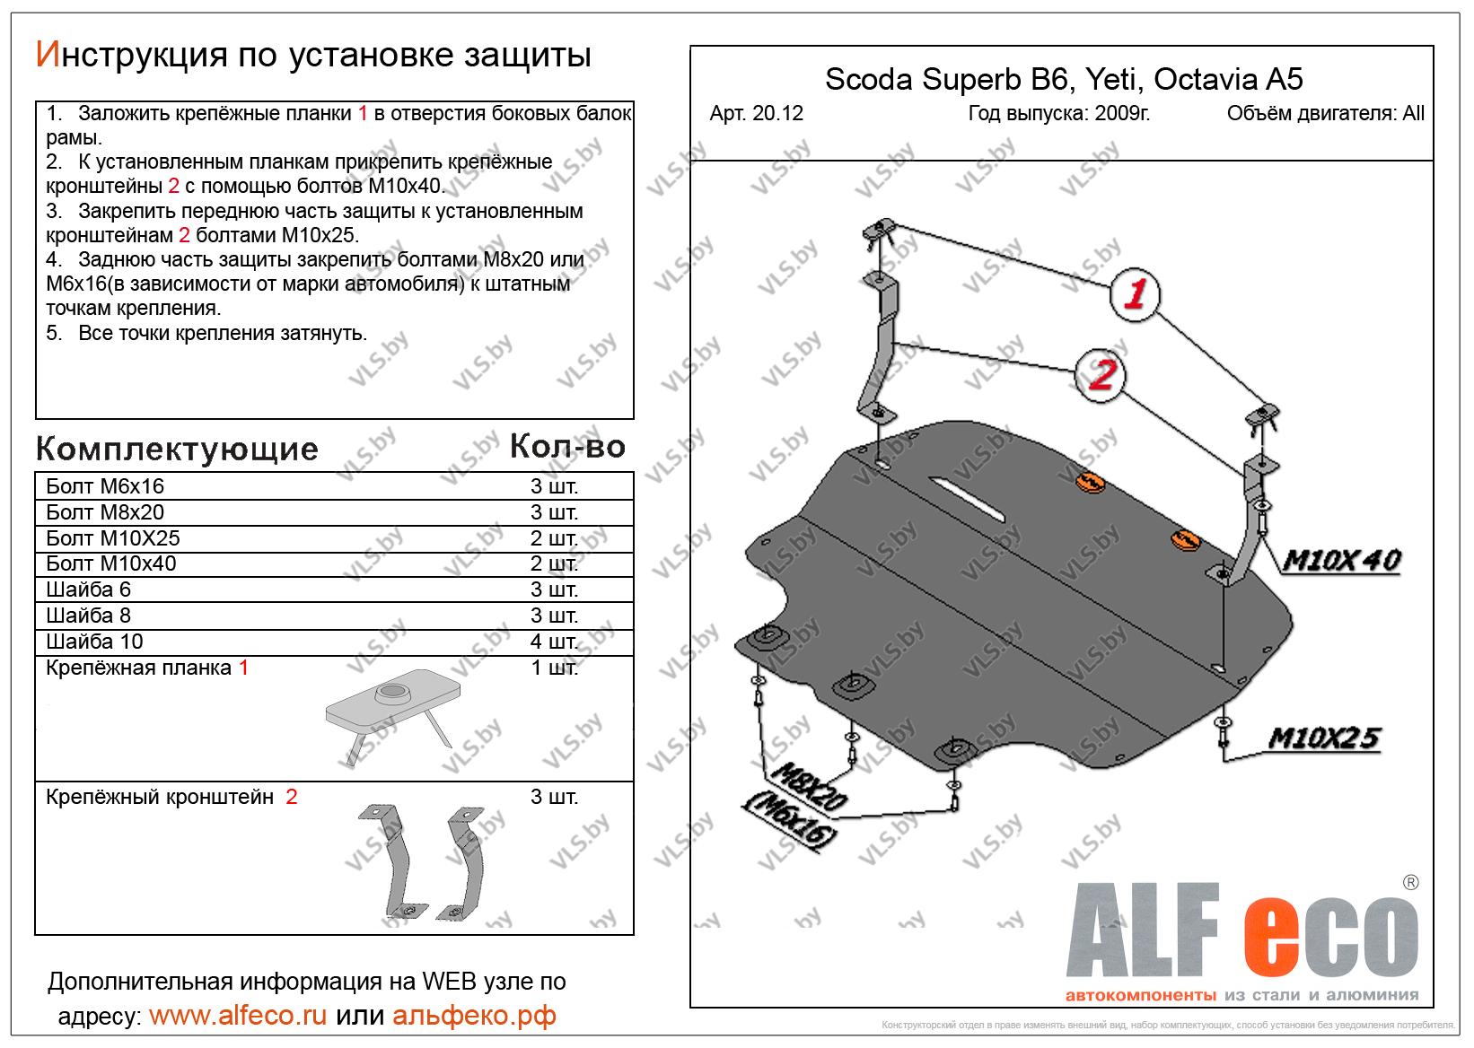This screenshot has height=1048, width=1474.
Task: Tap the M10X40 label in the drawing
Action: [x=1341, y=561]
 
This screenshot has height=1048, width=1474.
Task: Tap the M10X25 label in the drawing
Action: [x=1323, y=738]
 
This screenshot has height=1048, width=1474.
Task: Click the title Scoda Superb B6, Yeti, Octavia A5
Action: [x=1063, y=80]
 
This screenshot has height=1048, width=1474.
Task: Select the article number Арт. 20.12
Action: [x=756, y=114]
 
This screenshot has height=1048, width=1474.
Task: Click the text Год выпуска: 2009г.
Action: [x=1059, y=114]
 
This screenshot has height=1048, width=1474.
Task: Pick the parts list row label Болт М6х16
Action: [x=105, y=486]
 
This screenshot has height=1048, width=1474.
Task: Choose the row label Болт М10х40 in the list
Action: [x=110, y=563]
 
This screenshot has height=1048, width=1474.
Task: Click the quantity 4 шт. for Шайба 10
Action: [x=554, y=642]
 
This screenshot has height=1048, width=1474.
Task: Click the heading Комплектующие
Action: [x=177, y=448]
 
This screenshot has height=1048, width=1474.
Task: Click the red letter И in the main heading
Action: [x=48, y=56]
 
